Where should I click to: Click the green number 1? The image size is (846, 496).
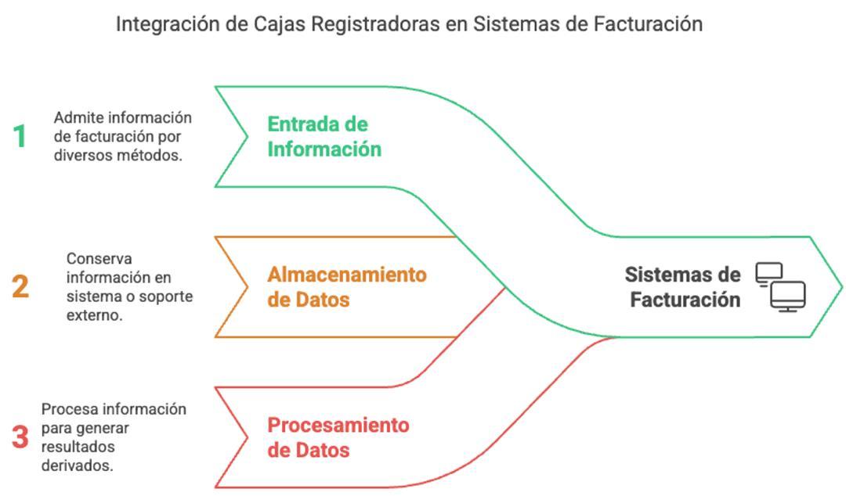click(20, 137)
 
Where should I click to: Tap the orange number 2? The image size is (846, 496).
click(20, 287)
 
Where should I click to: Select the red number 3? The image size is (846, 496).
click(20, 437)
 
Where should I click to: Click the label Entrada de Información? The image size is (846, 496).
click(324, 137)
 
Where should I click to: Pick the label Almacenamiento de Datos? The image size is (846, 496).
click(347, 287)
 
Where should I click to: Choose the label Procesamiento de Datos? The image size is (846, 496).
click(338, 437)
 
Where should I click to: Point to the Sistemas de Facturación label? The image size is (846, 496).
click(683, 287)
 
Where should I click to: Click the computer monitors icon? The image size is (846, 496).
click(780, 287)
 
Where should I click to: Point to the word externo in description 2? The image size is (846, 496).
click(95, 315)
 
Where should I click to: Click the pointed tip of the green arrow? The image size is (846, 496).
click(841, 287)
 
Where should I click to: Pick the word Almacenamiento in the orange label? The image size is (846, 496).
click(347, 275)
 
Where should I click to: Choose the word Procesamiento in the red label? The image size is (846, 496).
click(338, 426)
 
